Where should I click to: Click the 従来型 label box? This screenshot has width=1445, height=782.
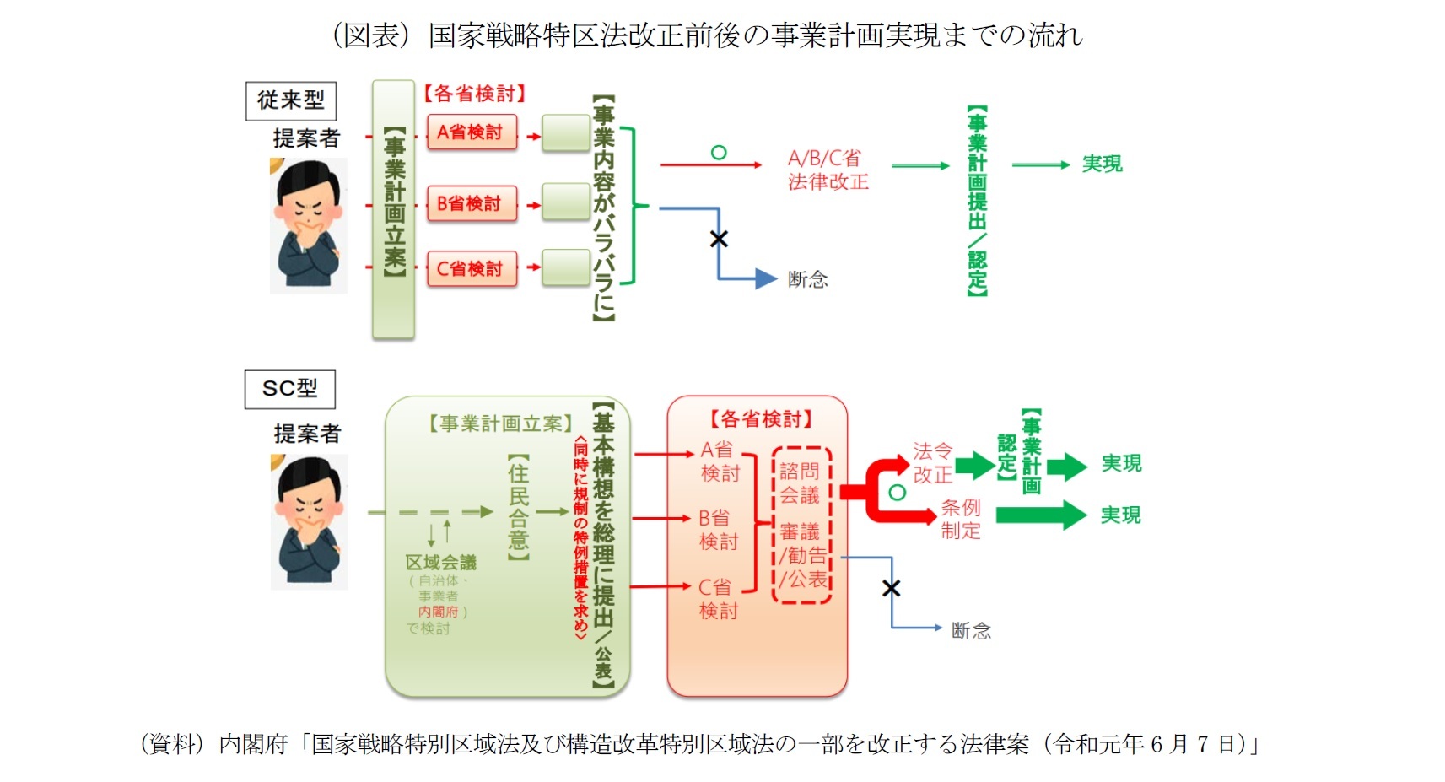[290, 100]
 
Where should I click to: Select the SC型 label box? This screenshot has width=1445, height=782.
[289, 389]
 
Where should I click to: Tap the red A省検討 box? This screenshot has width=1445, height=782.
[471, 132]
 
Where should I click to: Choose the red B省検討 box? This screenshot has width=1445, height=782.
[471, 203]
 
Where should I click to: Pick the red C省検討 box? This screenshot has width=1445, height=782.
[471, 269]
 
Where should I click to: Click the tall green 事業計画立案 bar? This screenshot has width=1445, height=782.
[393, 210]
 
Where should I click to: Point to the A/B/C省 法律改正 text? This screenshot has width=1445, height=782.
[827, 170]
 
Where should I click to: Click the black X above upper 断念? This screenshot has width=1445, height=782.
[719, 239]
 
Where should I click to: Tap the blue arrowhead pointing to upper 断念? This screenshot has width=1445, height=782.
[766, 278]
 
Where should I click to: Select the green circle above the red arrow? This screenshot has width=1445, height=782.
[719, 153]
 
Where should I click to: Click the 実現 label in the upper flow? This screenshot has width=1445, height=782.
[1102, 164]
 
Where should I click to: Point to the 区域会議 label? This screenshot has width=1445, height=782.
[440, 563]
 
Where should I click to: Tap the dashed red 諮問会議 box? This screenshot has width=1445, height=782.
[802, 525]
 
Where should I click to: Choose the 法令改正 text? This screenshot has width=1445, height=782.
[932, 463]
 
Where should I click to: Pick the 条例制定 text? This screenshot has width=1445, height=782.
[961, 519]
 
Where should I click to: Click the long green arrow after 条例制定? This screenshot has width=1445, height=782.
[1041, 515]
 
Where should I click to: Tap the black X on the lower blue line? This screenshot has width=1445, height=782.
[891, 588]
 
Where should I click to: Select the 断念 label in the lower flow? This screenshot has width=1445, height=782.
[971, 630]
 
